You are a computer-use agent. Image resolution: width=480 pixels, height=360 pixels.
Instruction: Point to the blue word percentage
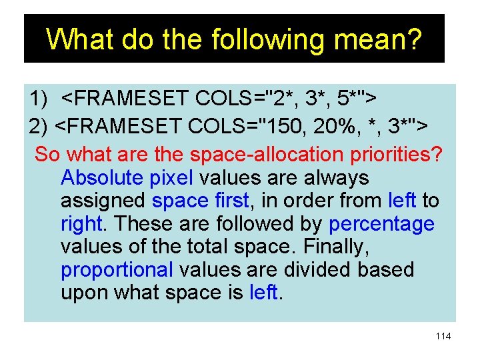coord(381,224)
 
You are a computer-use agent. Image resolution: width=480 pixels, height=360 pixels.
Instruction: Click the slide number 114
coord(443,336)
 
